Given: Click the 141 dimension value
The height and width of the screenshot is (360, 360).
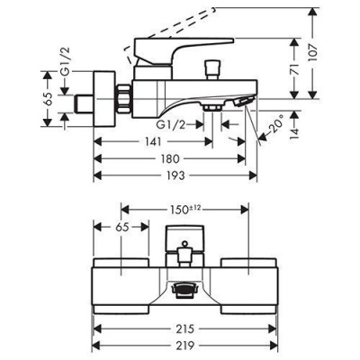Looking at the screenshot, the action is point(153,141).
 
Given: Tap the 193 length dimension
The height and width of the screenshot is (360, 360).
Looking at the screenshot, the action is point(175,175).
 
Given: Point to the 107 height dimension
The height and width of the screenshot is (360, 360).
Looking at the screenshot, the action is point(313,53).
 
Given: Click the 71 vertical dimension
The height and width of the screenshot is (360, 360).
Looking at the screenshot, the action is point(295,68).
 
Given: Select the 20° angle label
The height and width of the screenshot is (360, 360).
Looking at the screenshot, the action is point(276,122).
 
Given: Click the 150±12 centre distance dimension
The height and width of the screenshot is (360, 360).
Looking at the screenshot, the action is point(184,210).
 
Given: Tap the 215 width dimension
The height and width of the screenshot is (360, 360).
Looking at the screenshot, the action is point(184,328).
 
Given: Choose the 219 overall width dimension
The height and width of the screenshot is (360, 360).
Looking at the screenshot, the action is point(184,346).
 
